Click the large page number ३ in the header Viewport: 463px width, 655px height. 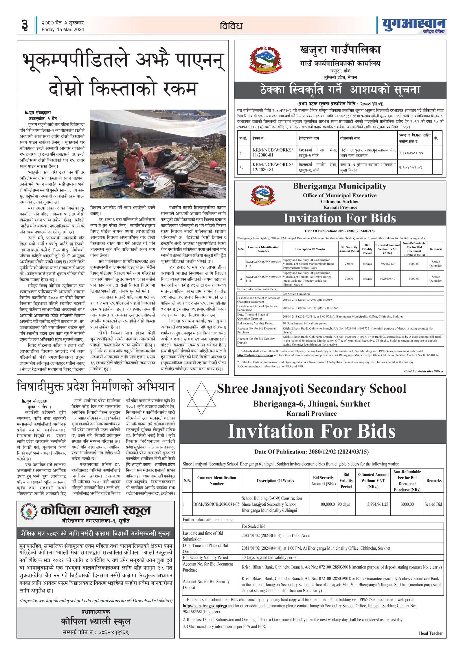(25, 25)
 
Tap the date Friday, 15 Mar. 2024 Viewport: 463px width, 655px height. (63, 30)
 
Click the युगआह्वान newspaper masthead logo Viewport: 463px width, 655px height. (414, 25)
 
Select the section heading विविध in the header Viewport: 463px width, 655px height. (231, 26)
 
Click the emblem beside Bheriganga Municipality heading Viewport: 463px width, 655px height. (263, 195)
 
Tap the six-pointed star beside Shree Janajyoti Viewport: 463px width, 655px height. (202, 399)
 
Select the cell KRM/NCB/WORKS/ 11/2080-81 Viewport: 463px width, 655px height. (273, 153)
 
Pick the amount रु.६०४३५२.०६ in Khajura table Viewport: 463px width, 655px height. (410, 167)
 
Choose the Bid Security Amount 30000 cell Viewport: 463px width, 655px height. (349, 278)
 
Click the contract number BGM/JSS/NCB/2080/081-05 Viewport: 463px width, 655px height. (216, 504)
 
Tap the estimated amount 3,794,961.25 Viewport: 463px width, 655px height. (378, 504)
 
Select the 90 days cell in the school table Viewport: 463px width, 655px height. (344, 504)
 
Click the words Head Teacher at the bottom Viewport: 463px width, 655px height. (431, 633)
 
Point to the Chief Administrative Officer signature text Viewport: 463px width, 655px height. (423, 371)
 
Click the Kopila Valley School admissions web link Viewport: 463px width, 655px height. (70, 601)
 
